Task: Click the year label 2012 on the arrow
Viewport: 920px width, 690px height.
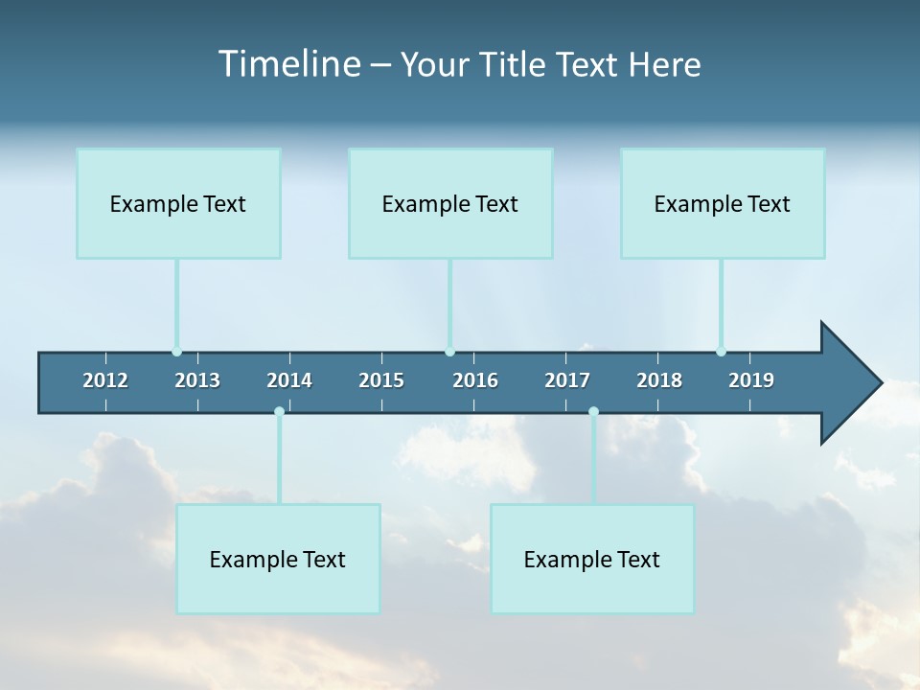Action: [105, 380]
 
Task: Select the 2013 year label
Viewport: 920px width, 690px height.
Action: [197, 380]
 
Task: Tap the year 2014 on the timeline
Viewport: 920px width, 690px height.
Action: [289, 380]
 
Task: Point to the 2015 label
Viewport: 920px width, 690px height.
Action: [381, 380]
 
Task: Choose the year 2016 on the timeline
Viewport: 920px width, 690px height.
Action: [475, 380]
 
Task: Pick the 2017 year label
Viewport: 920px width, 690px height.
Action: [567, 380]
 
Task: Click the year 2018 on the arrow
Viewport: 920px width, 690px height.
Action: [659, 380]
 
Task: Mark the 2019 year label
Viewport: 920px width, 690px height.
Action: [751, 380]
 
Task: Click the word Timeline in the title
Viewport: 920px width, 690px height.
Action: [288, 64]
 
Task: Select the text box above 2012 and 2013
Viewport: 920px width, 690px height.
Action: [178, 203]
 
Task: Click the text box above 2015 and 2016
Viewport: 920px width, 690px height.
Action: [450, 203]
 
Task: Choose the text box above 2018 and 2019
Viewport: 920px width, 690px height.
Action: [723, 203]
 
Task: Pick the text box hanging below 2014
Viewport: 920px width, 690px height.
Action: [278, 559]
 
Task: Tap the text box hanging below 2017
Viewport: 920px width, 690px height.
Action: [592, 559]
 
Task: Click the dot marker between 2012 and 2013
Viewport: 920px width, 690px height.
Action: [176, 352]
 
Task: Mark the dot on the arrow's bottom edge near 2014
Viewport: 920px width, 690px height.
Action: [279, 412]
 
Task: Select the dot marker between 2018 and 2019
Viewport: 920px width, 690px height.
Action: [721, 352]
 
